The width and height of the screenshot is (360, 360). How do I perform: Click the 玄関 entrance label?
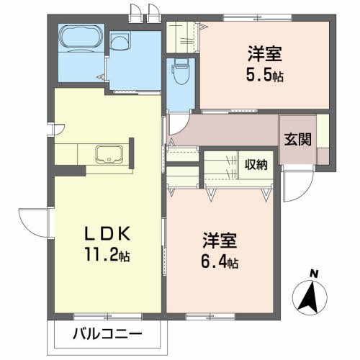click(x=297, y=140)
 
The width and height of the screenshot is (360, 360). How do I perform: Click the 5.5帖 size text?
click(x=264, y=73)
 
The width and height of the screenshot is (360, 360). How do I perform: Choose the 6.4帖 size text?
click(x=217, y=263)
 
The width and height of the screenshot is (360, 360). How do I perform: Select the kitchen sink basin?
click(x=108, y=153)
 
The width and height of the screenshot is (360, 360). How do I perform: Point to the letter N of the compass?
click(x=313, y=274)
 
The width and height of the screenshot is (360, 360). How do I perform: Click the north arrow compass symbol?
click(x=310, y=296)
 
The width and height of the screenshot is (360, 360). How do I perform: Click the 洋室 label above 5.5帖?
click(x=264, y=53)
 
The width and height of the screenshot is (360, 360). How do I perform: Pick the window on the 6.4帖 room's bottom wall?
click(x=204, y=315)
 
